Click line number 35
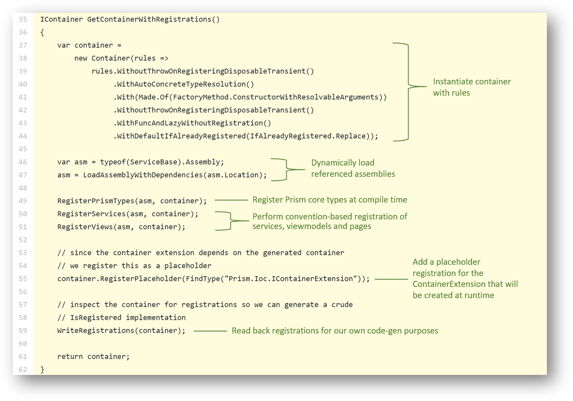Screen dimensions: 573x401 click(23, 19)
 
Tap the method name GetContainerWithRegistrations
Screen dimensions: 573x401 click(149, 19)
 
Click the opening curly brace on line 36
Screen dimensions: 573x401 click(42, 33)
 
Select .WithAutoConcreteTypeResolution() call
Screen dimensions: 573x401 click(184, 84)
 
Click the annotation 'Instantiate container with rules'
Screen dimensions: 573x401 click(472, 87)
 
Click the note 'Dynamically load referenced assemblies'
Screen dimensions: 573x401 click(353, 168)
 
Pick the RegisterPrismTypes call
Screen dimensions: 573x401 click(132, 201)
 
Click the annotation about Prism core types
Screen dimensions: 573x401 click(330, 200)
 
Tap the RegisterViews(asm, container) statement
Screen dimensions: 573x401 click(121, 227)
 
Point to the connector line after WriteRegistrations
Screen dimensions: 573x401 click(210, 331)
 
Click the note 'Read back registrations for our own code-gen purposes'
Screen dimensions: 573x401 click(335, 331)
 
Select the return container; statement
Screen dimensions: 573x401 click(93, 356)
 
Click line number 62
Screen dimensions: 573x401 click(23, 370)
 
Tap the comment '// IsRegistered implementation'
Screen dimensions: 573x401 click(121, 318)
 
